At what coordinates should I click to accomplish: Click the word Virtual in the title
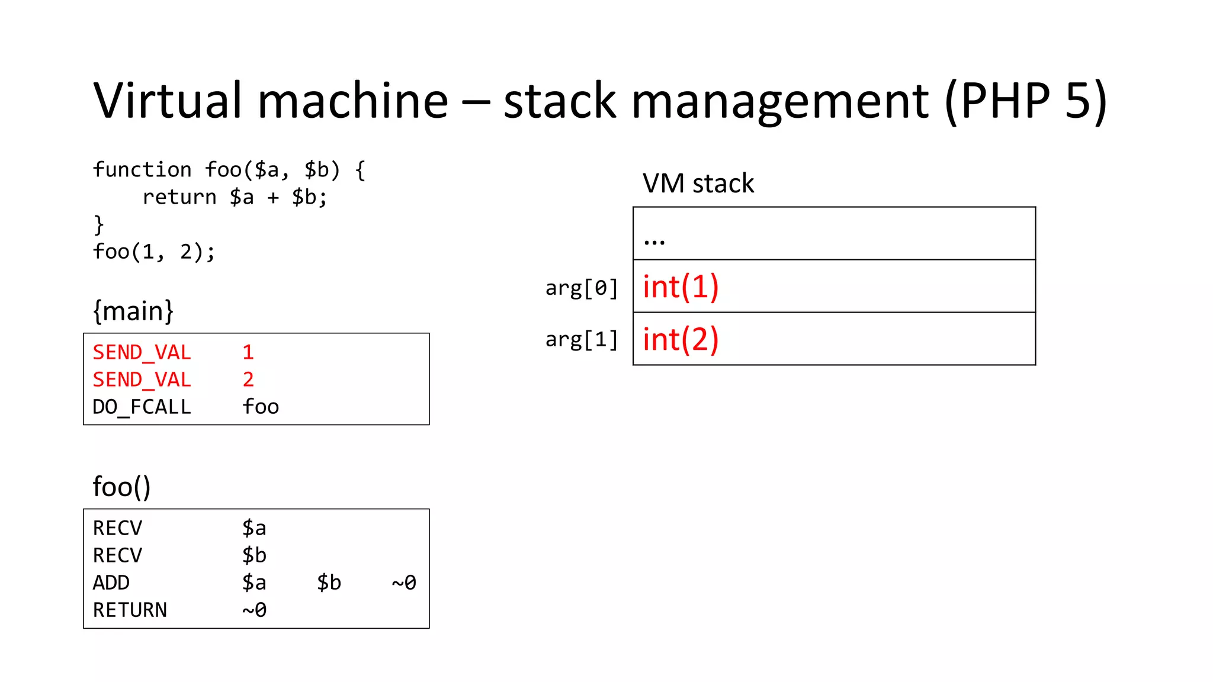(168, 101)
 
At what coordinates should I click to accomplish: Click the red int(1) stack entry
(681, 287)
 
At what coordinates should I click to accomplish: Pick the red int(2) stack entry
(681, 340)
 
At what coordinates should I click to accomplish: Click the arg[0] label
(582, 288)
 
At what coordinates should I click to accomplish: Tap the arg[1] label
(582, 340)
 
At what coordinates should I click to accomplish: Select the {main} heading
(133, 311)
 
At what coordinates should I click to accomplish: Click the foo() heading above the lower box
(121, 487)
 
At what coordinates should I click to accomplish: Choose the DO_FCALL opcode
(142, 407)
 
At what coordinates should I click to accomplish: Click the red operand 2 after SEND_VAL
(248, 379)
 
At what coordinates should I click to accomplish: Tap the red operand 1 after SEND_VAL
(248, 353)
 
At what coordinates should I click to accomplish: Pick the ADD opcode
(111, 583)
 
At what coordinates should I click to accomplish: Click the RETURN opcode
(130, 610)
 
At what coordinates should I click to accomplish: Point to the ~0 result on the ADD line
(404, 583)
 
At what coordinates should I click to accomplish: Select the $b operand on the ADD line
(329, 583)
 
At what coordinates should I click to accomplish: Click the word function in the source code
(142, 170)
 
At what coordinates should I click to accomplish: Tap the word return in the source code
(179, 198)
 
